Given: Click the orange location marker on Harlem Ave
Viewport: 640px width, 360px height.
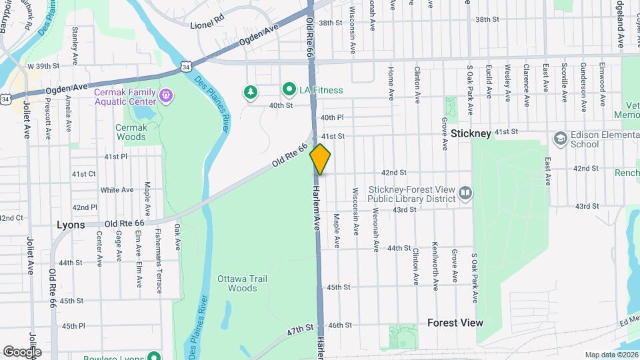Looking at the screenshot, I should [320, 159].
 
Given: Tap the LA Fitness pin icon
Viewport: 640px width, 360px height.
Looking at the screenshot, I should [289, 89].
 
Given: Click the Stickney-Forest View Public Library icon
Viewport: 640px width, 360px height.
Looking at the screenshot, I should [465, 193].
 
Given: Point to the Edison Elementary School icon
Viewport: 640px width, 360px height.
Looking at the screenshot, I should [560, 138].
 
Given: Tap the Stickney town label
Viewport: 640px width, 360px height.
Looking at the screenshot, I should [471, 133].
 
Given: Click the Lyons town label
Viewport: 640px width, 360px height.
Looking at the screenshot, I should [71, 225].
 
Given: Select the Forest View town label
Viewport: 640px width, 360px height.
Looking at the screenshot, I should [455, 323].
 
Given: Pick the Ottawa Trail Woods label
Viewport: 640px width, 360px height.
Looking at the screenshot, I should [243, 283].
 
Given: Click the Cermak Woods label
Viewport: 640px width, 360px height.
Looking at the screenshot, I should [131, 132].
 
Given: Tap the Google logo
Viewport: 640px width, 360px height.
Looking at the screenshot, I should [21, 351].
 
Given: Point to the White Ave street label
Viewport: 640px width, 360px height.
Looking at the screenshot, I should [117, 190].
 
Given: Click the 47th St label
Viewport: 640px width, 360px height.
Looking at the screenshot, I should [301, 329].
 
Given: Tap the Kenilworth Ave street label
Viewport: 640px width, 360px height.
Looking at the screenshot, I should [435, 266].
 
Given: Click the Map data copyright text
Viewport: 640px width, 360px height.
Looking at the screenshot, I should [611, 355].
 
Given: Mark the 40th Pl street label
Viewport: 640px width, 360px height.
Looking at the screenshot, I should [331, 117].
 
